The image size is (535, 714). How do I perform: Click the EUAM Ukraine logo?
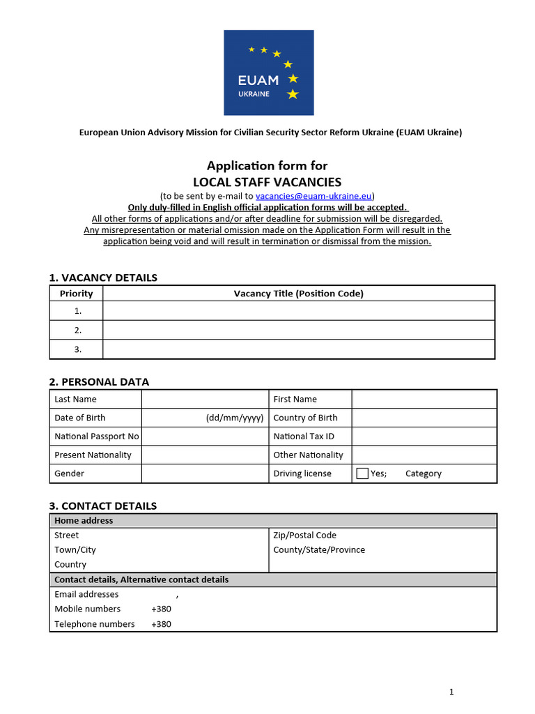(268, 73)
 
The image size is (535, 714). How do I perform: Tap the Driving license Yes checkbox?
(362, 473)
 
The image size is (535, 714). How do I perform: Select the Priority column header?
(76, 294)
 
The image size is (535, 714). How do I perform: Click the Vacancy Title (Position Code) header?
(298, 294)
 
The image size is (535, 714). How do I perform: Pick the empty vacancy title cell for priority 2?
(298, 330)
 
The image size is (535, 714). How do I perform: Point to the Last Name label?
(75, 399)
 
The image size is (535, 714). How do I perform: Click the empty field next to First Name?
(424, 399)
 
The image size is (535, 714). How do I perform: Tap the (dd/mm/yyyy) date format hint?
(235, 418)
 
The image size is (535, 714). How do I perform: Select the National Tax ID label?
(304, 436)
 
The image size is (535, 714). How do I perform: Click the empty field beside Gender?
(205, 473)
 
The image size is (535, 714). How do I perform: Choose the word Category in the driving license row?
(423, 473)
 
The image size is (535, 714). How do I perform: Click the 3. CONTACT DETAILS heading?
(102, 506)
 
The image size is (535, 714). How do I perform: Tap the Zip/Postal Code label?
(304, 535)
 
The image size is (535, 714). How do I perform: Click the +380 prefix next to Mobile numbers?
(161, 609)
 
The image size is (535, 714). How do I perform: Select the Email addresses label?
(86, 594)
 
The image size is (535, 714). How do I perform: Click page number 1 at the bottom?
(451, 692)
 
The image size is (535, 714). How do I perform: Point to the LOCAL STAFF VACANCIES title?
(267, 182)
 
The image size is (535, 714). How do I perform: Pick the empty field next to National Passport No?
(205, 436)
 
